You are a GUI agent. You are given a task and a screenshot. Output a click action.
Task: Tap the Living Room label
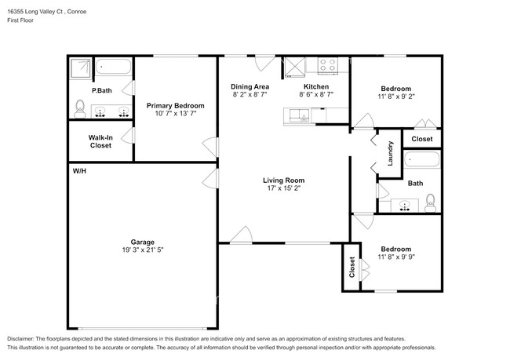pos(282,180)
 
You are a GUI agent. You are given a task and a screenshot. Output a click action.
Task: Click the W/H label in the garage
pos(79,170)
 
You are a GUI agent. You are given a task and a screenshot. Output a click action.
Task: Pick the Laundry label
pos(390,153)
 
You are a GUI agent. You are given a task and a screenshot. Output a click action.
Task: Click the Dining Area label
pos(250,86)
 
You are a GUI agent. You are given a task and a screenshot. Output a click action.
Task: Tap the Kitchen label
pos(315,86)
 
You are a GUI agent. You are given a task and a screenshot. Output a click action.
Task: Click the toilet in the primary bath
pos(80,108)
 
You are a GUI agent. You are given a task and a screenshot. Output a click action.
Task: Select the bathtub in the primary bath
pos(115,68)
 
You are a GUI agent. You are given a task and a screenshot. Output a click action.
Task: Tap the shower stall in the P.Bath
pos(79,68)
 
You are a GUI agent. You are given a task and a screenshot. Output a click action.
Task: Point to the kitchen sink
pos(298,117)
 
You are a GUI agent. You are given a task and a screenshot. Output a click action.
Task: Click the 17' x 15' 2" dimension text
pos(282,189)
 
